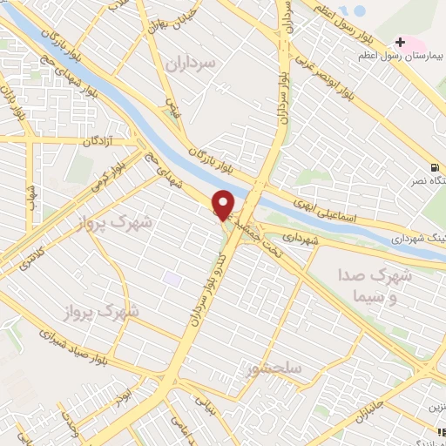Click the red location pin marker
pos(224,204)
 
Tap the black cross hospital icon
pos(400,41)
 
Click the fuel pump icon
pos(433,167)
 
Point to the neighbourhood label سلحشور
pos(274,368)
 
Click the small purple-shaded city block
pos(172,280)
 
